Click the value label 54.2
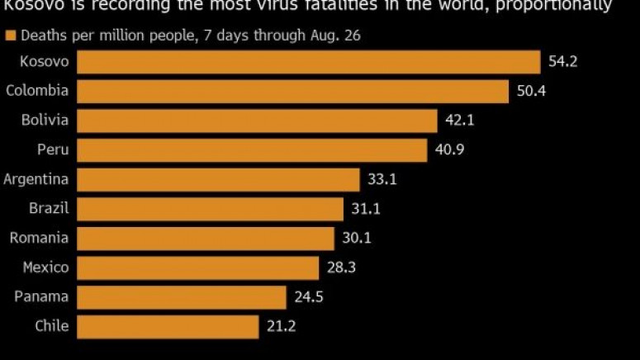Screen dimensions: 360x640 coord(562,62)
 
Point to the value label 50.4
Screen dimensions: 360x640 coord(531,91)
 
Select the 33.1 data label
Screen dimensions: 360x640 coord(381,179)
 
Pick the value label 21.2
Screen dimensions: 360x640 coord(281,326)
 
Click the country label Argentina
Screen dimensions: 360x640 coord(36,179)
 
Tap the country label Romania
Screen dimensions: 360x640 coord(39,238)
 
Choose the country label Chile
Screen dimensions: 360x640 coord(51,326)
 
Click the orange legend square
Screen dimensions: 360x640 coord(10,36)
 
